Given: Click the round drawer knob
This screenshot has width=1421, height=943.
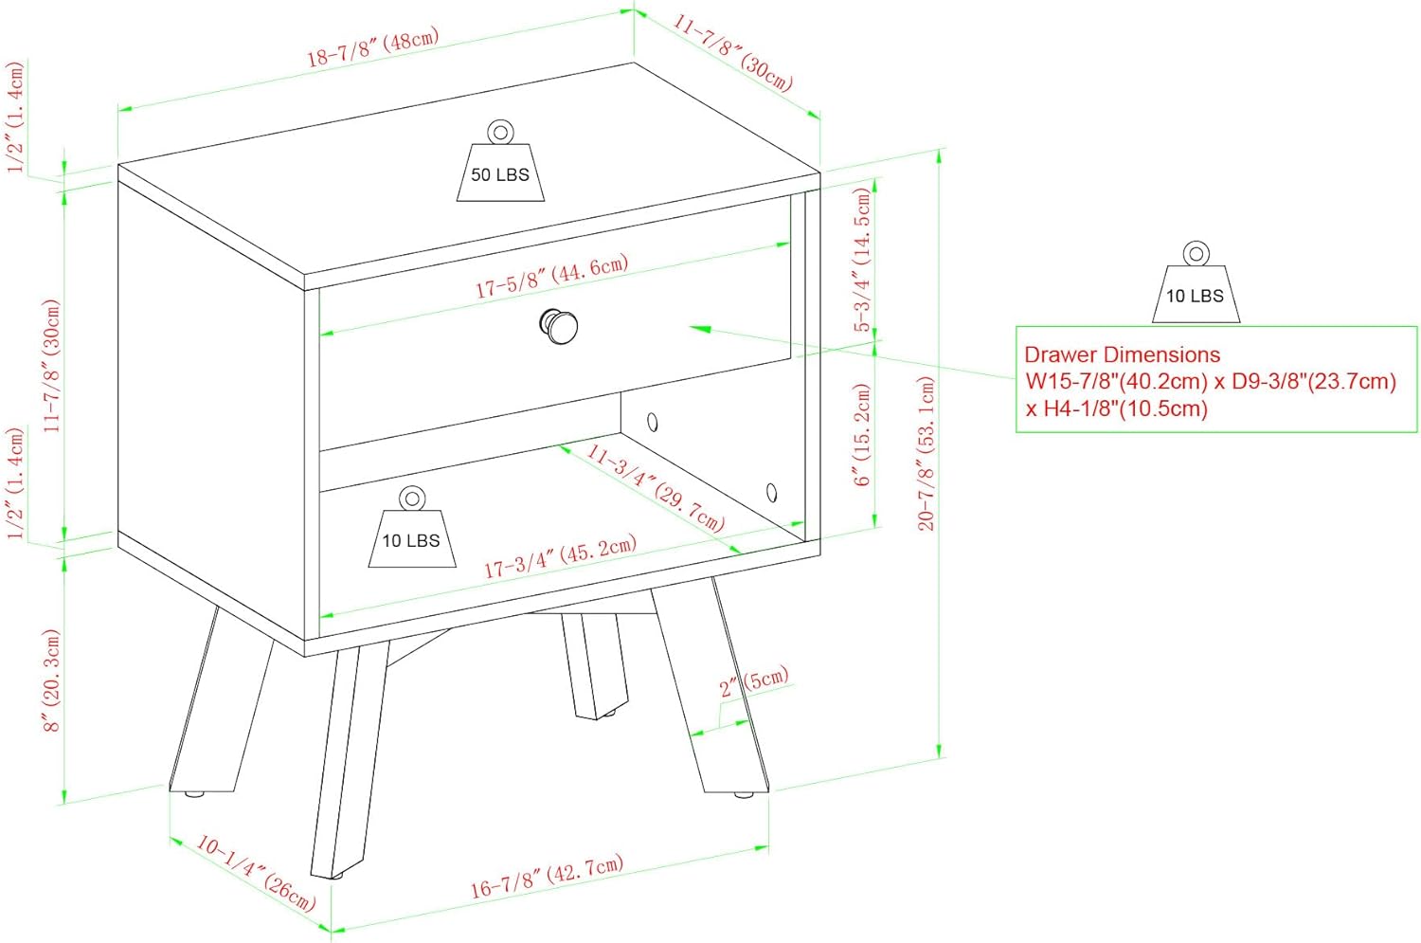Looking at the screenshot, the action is coord(559,326).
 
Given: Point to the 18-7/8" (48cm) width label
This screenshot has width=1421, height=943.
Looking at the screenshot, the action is coord(373,47).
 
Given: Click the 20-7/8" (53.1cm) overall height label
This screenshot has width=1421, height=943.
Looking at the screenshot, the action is coord(926,453).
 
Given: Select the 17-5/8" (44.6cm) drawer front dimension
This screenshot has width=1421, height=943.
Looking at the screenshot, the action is coord(552,276).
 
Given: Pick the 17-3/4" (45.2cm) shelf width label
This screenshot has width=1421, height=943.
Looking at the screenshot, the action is coord(560,556).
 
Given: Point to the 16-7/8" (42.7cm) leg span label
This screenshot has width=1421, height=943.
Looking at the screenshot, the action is coord(547,876).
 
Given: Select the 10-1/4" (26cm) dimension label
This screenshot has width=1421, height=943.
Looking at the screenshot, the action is coord(256,873).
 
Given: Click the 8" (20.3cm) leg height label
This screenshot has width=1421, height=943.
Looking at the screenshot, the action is coord(51,680).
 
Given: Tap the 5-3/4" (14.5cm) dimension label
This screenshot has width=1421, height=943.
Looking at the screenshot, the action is coord(862,259).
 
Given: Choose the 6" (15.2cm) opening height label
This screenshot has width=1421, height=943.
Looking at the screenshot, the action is coord(863,435).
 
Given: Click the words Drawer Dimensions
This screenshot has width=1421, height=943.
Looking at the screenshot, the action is coord(1123,354).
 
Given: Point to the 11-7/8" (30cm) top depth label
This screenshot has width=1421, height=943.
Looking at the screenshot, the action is coord(732,53).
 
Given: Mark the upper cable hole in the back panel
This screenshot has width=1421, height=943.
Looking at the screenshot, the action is coord(652,422).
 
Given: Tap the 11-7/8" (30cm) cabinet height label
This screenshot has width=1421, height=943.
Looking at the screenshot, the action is coord(51,366).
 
